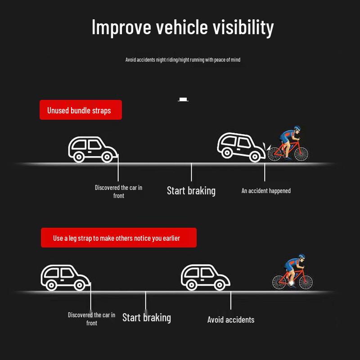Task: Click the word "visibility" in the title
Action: [243, 27]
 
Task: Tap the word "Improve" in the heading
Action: [121, 27]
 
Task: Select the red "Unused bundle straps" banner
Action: [81, 110]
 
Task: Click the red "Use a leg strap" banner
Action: [119, 238]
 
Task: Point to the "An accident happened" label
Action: [266, 191]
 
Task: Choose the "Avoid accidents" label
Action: [231, 319]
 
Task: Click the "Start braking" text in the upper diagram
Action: [191, 191]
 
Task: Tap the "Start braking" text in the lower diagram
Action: [147, 318]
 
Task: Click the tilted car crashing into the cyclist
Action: [241, 147]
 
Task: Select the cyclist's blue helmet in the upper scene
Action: [297, 128]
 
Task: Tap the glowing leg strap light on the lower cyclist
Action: [291, 283]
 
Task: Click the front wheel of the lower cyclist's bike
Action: [306, 282]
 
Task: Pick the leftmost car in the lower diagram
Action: [65, 278]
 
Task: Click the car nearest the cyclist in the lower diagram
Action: [206, 277]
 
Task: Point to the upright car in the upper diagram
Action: [93, 149]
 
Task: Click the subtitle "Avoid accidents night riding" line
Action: [183, 60]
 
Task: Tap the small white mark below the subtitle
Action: [183, 99]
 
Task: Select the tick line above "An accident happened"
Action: [265, 172]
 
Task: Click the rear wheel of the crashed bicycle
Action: [274, 154]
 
